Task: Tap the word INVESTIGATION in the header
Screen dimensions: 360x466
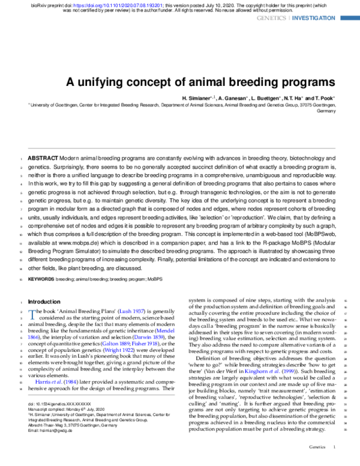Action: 314,19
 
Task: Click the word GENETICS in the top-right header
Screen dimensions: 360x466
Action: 272,19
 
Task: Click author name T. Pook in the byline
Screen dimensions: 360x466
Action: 324,98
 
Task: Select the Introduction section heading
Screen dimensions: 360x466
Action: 44,301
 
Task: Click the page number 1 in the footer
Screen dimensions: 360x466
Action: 334,447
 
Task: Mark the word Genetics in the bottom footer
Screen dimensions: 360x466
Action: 317,447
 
